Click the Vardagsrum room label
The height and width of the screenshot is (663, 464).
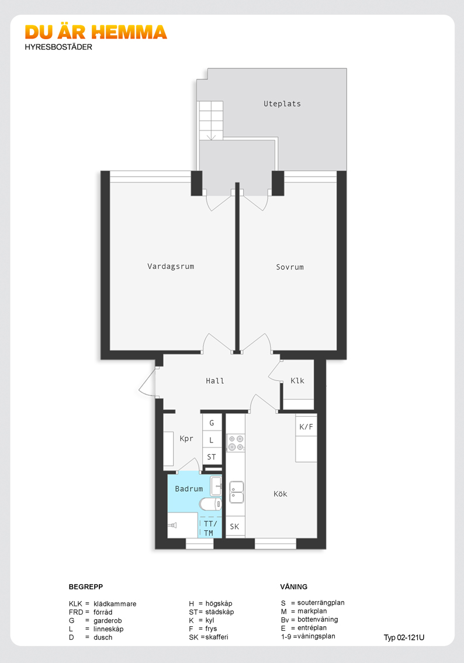click(x=171, y=267)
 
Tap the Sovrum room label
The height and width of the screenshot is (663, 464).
click(x=290, y=267)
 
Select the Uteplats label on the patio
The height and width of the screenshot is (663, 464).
click(x=282, y=103)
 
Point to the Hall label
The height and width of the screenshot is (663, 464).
click(x=215, y=381)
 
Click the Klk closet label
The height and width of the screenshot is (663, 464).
click(x=297, y=381)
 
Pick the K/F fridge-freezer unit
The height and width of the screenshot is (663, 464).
click(x=306, y=427)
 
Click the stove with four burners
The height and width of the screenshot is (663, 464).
click(x=236, y=443)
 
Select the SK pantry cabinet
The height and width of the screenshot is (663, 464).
click(x=235, y=526)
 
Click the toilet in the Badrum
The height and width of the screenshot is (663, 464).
click(x=210, y=504)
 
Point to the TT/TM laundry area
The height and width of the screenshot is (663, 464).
click(x=210, y=528)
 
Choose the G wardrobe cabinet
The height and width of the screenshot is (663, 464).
click(x=212, y=422)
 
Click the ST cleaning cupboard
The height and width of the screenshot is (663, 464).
click(x=212, y=457)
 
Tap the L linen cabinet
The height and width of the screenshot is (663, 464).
click(x=212, y=440)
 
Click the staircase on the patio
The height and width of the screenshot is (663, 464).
click(x=211, y=120)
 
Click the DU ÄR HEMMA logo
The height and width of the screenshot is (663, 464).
click(x=96, y=32)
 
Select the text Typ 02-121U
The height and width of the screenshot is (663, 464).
click(x=404, y=638)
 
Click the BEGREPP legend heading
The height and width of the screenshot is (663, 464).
click(x=86, y=587)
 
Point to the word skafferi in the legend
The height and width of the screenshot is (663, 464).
click(x=217, y=637)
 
